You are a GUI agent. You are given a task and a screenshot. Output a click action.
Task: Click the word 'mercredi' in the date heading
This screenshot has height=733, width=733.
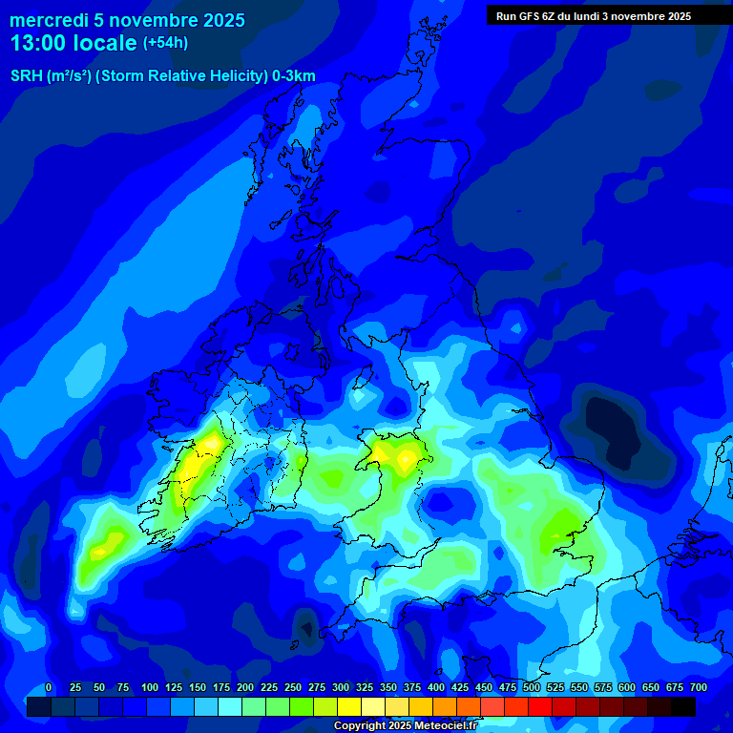click(49, 20)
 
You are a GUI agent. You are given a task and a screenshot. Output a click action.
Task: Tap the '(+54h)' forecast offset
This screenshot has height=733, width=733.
click(165, 43)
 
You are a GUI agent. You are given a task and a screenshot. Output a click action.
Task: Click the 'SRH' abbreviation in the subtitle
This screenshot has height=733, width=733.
click(26, 76)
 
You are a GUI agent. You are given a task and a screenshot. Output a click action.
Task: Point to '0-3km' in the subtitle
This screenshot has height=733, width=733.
click(294, 76)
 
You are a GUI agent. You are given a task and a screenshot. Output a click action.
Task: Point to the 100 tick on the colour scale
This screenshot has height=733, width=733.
click(149, 687)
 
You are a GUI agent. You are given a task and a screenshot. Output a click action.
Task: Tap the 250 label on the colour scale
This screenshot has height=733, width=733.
click(292, 687)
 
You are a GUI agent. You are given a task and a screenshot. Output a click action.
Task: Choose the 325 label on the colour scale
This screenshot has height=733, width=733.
click(364, 687)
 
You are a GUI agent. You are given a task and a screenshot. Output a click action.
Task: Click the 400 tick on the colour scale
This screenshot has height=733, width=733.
click(435, 687)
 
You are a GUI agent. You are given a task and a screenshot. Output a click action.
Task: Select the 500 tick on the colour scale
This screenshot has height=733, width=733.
click(531, 687)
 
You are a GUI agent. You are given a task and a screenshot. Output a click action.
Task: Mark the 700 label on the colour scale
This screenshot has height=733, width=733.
click(698, 687)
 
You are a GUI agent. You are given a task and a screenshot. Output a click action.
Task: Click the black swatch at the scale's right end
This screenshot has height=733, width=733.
click(683, 706)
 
